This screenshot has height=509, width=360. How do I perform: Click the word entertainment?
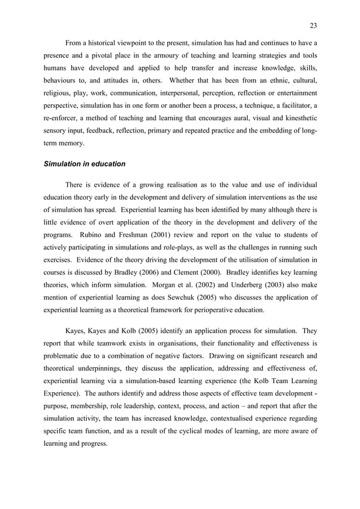point(292,93)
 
